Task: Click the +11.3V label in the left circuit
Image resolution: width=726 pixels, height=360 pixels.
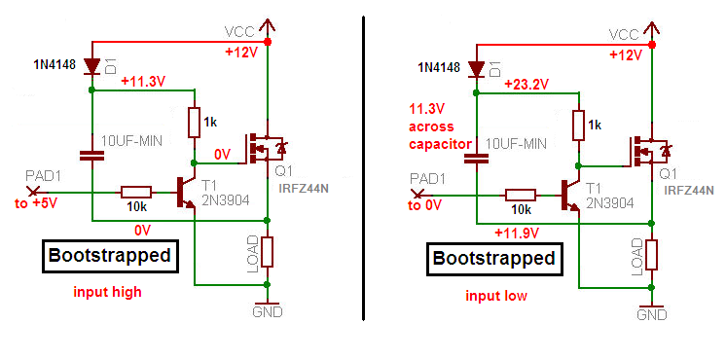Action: pos(144,82)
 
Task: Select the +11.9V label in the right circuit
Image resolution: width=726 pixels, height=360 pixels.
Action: pos(518,233)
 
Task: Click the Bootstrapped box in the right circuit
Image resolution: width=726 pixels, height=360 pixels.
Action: pos(493,259)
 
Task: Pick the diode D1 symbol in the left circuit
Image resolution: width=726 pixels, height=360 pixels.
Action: pos(91,67)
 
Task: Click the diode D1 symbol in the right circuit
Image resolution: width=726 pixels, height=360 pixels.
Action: pos(476,69)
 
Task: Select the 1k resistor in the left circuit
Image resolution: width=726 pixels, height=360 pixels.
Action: pos(194,122)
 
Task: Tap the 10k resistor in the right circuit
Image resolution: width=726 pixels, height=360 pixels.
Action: pos(519,194)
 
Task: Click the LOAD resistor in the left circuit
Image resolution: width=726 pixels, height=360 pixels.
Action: pos(268,251)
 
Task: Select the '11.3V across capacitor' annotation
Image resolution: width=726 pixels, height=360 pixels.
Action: pos(434,127)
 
